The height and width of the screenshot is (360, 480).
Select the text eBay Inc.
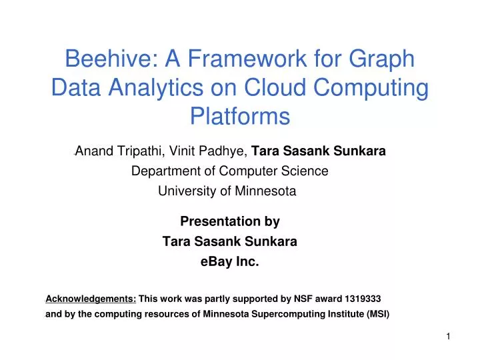229,262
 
